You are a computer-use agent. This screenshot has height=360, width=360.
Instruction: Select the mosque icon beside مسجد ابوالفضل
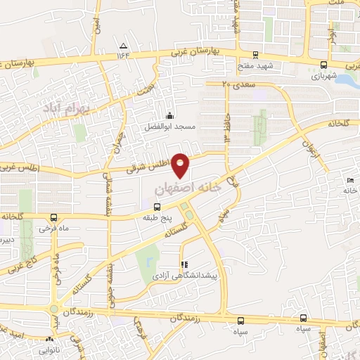[168, 116]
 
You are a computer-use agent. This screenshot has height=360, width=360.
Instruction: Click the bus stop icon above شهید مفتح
[255, 55]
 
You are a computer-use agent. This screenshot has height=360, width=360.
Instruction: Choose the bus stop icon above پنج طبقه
[155, 207]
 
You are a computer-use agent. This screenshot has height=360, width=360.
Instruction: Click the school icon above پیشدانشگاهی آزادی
[184, 265]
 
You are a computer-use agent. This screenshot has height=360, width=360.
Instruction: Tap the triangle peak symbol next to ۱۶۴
[124, 46]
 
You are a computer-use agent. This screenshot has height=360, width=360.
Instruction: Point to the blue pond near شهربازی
[348, 79]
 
